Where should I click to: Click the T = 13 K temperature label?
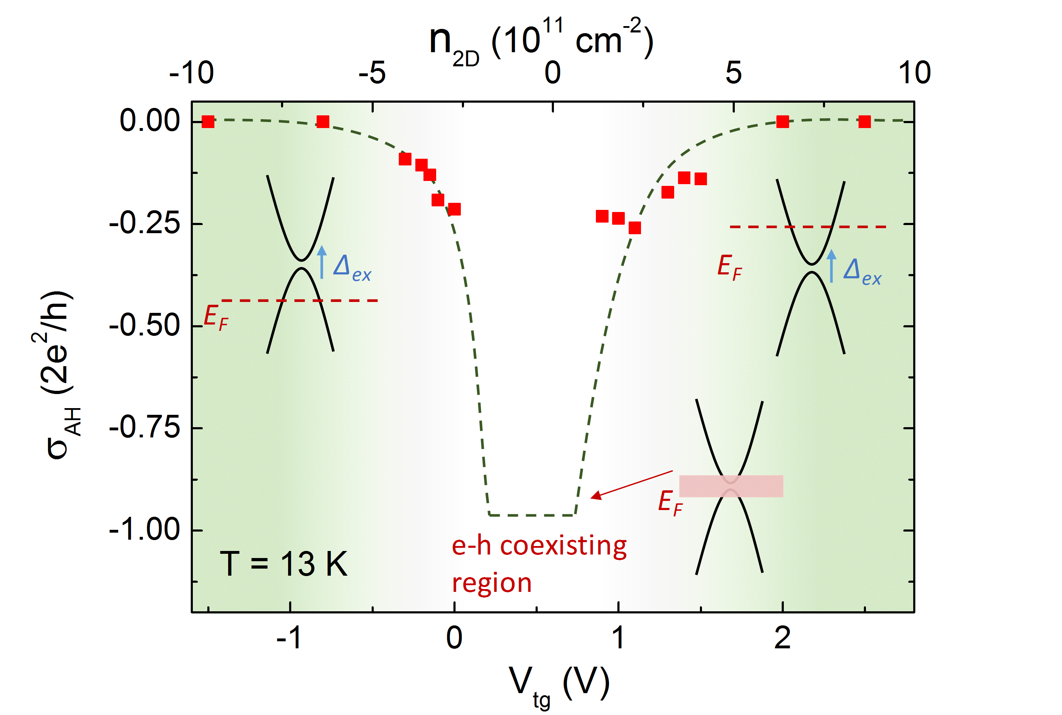(x=283, y=564)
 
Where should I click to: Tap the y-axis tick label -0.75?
(x=145, y=428)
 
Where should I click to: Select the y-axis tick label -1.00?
(x=145, y=530)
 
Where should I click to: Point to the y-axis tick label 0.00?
(x=149, y=121)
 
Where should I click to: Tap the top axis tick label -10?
(x=191, y=73)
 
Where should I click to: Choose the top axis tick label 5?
(x=733, y=73)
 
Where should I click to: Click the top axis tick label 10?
(x=914, y=73)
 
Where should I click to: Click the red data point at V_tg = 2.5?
(x=864, y=122)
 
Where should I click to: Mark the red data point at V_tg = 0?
(x=454, y=209)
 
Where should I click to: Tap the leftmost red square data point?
(x=208, y=122)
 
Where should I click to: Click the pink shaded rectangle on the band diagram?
(x=731, y=486)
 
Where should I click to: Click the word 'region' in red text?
(x=492, y=583)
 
